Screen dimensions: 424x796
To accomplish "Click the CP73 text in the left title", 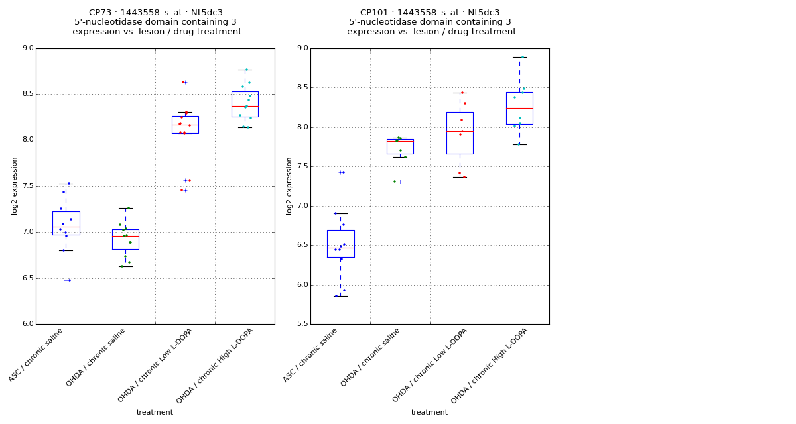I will point(101,13).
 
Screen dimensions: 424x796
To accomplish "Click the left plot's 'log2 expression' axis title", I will point(15,186).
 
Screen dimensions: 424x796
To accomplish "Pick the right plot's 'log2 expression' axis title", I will point(289,186).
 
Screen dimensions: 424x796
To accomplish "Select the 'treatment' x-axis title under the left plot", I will point(155,413).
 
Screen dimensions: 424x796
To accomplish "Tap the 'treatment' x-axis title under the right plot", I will point(429,413).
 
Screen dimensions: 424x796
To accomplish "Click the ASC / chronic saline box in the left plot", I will point(66,223).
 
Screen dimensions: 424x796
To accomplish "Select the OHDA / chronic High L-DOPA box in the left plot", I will point(245,104).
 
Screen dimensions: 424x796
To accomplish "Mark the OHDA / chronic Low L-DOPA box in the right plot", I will point(460,132).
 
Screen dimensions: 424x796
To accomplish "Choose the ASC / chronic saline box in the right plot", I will point(340,243).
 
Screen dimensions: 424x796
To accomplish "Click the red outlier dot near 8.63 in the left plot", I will point(182,82).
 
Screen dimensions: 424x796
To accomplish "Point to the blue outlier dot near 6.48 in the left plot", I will point(70,280).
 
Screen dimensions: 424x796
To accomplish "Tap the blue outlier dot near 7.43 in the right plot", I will point(344,172).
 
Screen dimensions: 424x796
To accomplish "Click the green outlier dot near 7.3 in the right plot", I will point(394,182).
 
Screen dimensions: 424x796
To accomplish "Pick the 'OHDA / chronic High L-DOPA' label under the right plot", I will point(490,365).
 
